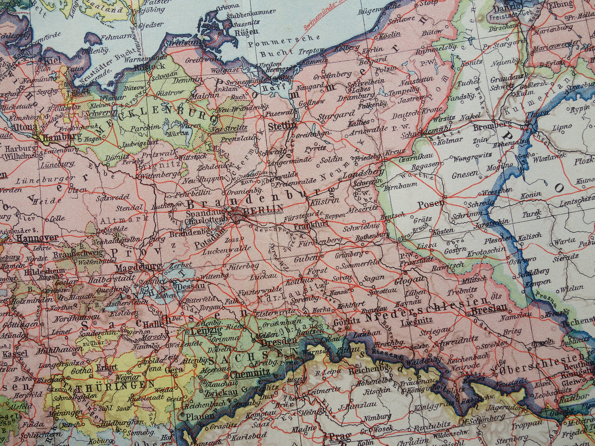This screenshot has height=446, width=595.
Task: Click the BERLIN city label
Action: [x=264, y=209]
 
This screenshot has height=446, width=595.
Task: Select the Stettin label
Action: [x=282, y=126]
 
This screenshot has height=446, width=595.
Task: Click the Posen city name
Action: [x=431, y=204]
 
